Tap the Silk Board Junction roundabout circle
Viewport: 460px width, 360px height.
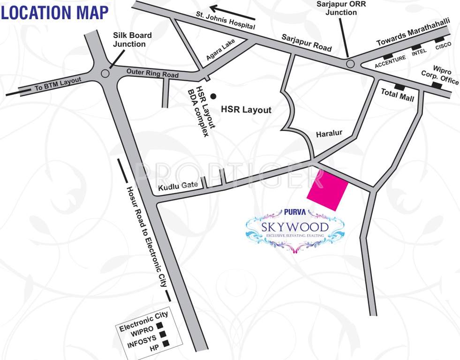[106, 73]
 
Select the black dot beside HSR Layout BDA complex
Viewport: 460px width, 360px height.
[213, 96]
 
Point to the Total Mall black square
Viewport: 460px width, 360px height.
[400, 87]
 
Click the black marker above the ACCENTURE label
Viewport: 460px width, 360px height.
[388, 57]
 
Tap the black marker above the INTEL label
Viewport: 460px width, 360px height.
[416, 47]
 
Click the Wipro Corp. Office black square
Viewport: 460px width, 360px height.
[437, 85]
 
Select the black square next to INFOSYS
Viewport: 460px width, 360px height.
[163, 334]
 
